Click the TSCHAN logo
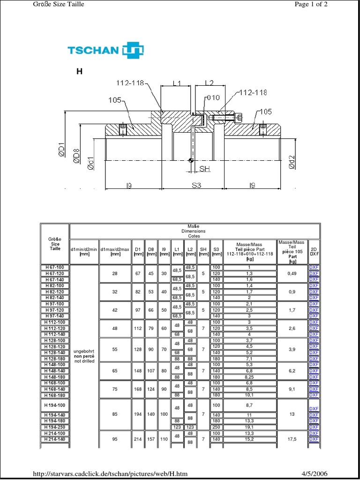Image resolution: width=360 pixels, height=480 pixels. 105,50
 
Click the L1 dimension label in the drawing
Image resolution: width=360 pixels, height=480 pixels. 176,83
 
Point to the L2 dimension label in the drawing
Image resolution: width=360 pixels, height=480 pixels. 209,83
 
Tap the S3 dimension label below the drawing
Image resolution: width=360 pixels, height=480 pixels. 196,186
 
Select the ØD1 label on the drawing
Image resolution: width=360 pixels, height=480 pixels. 61,150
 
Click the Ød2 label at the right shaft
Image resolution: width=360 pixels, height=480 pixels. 292,161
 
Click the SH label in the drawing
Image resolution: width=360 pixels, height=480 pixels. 205,168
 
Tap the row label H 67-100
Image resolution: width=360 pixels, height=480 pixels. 55,267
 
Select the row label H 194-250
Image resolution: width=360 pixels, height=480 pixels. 55,427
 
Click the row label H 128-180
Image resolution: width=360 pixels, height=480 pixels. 55,359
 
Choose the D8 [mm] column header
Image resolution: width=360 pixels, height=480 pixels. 151,252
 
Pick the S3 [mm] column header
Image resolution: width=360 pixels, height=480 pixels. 216,252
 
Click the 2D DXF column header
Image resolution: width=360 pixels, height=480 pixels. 314,252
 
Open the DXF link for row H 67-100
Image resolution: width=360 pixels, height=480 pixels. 314,267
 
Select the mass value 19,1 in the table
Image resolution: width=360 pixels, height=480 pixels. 249,427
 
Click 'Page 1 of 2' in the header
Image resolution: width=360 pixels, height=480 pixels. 311,4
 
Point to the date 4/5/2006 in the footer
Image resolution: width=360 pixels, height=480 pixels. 314,474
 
